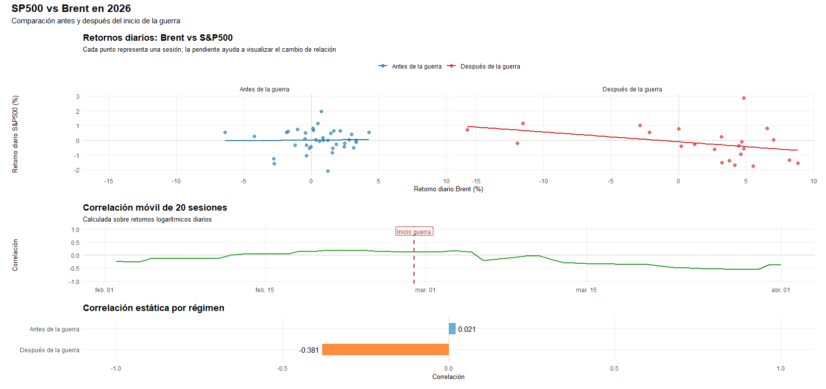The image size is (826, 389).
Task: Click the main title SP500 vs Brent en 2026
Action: pos(71,8)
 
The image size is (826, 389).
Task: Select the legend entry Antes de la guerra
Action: pos(416,66)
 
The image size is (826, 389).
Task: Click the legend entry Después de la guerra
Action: pos(489,66)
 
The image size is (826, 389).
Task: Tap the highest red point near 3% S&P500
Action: pos(744,98)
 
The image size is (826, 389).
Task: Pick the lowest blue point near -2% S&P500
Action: pos(328,171)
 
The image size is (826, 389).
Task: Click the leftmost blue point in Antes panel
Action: pos(225,132)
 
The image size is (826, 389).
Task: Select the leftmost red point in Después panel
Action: pos(467,130)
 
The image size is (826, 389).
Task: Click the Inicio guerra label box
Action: pos(414,232)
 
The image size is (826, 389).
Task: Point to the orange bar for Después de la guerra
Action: pos(385,350)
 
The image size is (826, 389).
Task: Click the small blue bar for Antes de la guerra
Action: pos(452,329)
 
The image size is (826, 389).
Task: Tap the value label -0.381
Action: pos(309,350)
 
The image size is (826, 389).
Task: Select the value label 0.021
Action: pos(467,329)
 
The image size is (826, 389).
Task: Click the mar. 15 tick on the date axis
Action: pos(586,290)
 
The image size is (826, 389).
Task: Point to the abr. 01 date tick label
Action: pos(780,290)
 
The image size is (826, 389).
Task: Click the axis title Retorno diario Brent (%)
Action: pos(448,189)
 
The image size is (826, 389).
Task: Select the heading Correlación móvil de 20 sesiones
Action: pos(155,208)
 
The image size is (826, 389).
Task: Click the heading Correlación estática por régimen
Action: pos(153,308)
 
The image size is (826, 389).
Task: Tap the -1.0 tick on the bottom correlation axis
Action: pos(116,369)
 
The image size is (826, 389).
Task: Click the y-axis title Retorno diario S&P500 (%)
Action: pos(15,134)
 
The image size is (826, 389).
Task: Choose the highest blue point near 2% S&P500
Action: pos(321,111)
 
